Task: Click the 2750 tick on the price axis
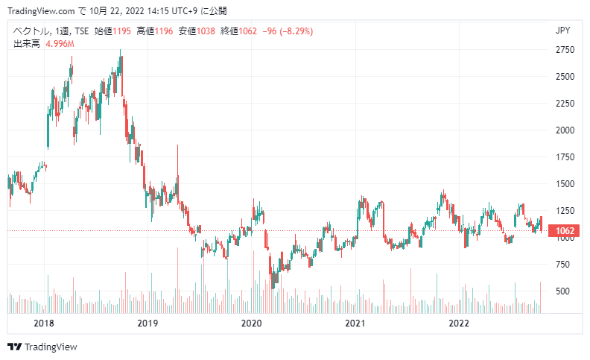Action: pyautogui.click(x=565, y=50)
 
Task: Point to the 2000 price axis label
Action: pyautogui.click(x=565, y=130)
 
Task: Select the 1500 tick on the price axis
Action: pyautogui.click(x=565, y=184)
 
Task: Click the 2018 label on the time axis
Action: pyautogui.click(x=44, y=323)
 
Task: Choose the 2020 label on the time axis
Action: pyautogui.click(x=251, y=323)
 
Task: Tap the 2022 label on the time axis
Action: pyautogui.click(x=459, y=323)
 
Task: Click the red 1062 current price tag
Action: pyautogui.click(x=563, y=231)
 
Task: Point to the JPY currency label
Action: pyautogui.click(x=563, y=31)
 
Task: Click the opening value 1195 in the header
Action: pyautogui.click(x=122, y=31)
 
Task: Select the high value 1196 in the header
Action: pyautogui.click(x=164, y=31)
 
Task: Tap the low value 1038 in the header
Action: pyautogui.click(x=206, y=31)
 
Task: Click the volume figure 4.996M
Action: pyautogui.click(x=60, y=44)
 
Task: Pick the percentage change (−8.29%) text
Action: pyautogui.click(x=296, y=31)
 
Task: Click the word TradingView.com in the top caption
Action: pyautogui.click(x=41, y=11)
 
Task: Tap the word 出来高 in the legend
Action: pyautogui.click(x=27, y=44)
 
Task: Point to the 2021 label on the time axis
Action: pyautogui.click(x=355, y=323)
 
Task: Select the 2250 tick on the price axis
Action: pyautogui.click(x=565, y=104)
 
